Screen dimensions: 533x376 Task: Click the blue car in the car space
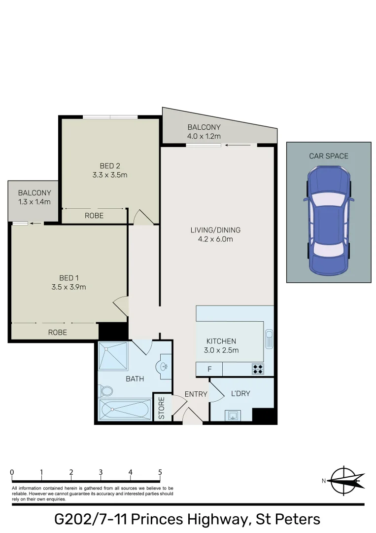[329, 220]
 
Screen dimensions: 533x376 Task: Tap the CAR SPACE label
[329, 156]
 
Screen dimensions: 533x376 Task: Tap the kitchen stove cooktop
[258, 368]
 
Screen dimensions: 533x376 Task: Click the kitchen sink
[269, 339]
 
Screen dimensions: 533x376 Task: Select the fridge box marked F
[209, 369]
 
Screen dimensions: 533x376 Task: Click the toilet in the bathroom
[105, 391]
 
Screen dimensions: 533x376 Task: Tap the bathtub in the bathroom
[124, 410]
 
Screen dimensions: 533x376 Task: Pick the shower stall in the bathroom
[113, 356]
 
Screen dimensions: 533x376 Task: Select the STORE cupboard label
[162, 408]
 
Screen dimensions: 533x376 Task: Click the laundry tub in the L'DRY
[233, 415]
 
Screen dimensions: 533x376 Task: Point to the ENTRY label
[194, 394]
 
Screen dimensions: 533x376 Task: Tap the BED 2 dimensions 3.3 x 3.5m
[110, 175]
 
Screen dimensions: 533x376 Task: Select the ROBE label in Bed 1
[57, 332]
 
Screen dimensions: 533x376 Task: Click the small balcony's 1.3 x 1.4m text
[34, 201]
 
